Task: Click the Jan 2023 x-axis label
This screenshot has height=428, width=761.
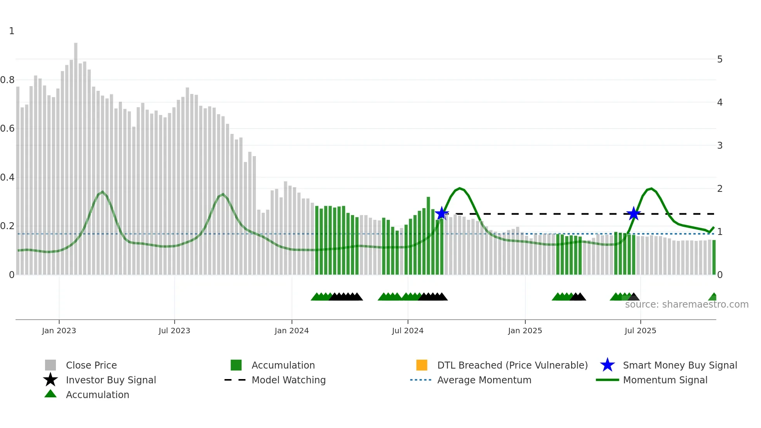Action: click(x=59, y=331)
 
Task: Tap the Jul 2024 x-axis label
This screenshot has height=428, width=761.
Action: click(x=408, y=331)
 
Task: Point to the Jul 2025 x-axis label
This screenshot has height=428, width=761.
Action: click(x=640, y=331)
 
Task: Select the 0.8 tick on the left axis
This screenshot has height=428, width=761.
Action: click(x=7, y=80)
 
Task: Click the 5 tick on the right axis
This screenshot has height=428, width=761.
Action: click(x=720, y=59)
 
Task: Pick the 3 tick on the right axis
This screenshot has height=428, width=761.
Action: click(x=720, y=146)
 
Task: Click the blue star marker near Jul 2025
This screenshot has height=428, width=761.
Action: click(x=634, y=213)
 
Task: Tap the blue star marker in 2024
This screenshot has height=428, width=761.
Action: click(x=441, y=213)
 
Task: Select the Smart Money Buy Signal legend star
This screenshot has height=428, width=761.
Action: click(x=607, y=365)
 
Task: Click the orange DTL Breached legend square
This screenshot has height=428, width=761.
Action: click(x=422, y=365)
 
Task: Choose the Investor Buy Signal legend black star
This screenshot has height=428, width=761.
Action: click(x=50, y=380)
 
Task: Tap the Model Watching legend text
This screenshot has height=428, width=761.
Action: click(x=288, y=380)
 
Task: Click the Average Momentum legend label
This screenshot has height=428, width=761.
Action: click(x=484, y=380)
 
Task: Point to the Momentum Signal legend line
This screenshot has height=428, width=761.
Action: click(x=607, y=380)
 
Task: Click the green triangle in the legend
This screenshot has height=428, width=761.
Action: click(x=50, y=394)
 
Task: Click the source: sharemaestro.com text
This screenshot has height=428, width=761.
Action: click(x=686, y=304)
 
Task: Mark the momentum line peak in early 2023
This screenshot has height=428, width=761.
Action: click(x=103, y=191)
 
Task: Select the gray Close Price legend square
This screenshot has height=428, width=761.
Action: click(x=50, y=365)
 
